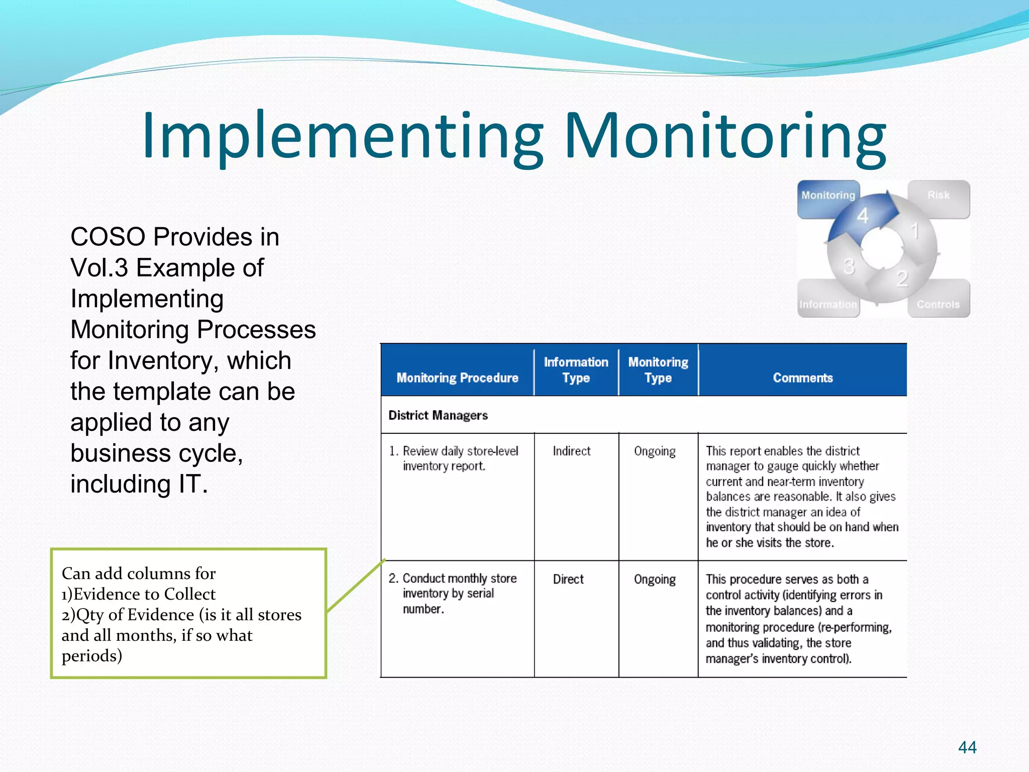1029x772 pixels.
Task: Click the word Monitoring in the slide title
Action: [x=725, y=137]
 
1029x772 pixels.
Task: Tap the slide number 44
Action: [x=967, y=747]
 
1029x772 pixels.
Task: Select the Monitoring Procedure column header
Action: [x=457, y=378]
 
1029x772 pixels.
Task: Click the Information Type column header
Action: [x=576, y=370]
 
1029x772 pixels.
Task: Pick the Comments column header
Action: [x=802, y=378]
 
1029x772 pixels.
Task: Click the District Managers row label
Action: [x=438, y=415]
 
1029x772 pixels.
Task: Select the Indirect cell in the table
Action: [x=571, y=451]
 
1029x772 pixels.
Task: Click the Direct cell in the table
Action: [x=568, y=580]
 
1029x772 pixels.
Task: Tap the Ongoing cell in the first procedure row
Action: [x=655, y=451]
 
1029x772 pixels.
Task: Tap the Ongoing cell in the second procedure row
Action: [x=655, y=580]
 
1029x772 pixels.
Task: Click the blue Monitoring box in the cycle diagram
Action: [x=828, y=196]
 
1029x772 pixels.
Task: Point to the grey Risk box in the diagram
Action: [x=939, y=196]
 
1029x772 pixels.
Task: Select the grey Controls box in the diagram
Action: [x=938, y=305]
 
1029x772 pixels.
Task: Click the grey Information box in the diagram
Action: [x=828, y=305]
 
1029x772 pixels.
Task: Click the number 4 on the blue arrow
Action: [x=863, y=216]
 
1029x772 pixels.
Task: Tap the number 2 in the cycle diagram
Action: [x=902, y=278]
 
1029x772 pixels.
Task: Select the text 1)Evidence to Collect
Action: [x=139, y=594]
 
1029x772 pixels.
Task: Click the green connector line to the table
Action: [x=356, y=586]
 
